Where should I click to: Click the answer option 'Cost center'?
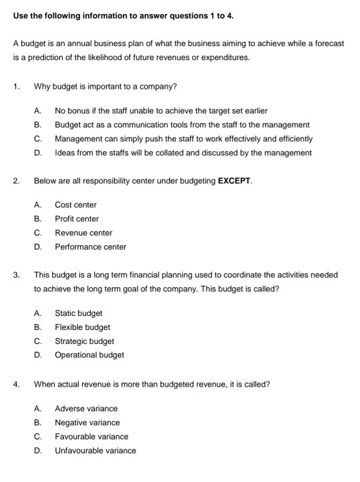[x=75, y=205]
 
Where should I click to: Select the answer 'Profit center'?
[x=77, y=219]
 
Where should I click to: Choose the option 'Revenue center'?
[x=83, y=233]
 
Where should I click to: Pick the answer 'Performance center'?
[x=90, y=247]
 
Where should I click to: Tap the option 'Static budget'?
[x=79, y=313]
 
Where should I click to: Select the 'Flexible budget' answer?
[x=82, y=327]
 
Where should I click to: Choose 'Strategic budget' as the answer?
[x=84, y=341]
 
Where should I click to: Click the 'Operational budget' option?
[x=89, y=355]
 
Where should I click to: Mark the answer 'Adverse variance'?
[x=86, y=409]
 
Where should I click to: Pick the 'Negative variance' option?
[x=87, y=423]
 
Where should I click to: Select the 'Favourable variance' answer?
[x=91, y=437]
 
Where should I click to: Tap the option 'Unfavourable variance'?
[x=95, y=451]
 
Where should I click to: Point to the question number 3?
[x=16, y=275]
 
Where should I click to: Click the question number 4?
[x=16, y=384]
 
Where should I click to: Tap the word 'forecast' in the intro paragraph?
[x=328, y=43]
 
